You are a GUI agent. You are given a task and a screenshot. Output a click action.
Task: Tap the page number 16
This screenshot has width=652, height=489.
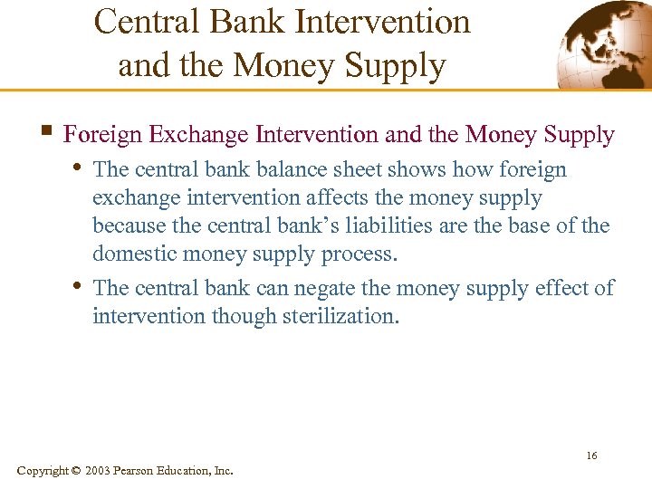click(x=591, y=455)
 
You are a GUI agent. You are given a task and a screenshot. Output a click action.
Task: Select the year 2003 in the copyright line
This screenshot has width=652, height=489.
click(x=99, y=471)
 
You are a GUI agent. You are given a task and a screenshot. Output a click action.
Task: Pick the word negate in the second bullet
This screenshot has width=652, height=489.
click(x=332, y=289)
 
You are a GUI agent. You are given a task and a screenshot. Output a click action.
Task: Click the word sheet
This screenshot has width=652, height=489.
click(x=360, y=169)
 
